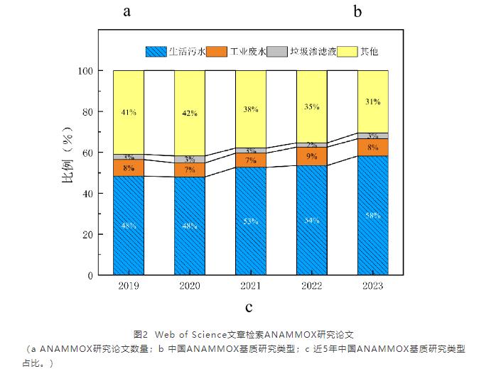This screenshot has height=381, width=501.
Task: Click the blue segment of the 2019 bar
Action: [x=128, y=226]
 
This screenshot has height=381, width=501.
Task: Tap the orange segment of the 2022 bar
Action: [x=311, y=156]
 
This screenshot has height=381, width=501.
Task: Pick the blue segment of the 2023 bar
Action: [x=372, y=215]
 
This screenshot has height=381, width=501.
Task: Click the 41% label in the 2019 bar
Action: [x=128, y=112]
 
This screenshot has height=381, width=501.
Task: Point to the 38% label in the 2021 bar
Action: [x=250, y=109]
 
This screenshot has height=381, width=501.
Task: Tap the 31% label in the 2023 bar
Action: [x=372, y=101]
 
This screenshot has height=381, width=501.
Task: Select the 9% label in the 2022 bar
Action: [x=311, y=156]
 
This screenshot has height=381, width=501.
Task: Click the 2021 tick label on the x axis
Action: [x=250, y=286]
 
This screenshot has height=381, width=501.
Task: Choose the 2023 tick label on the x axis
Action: [x=372, y=286]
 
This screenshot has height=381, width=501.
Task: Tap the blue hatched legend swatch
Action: [x=156, y=52]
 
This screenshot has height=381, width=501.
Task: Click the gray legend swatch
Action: [x=279, y=52]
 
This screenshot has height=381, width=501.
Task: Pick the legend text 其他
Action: [x=369, y=52]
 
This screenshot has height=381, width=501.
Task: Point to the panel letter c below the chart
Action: [x=249, y=307]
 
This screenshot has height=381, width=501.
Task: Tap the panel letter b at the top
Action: [x=357, y=11]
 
